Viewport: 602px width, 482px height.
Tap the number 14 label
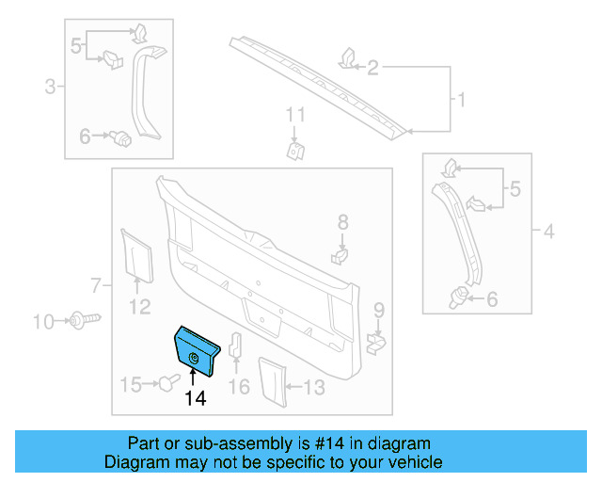[195, 399]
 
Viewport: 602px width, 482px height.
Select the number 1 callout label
[460, 99]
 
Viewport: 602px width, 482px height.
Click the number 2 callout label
[372, 68]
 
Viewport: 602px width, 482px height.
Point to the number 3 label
[50, 88]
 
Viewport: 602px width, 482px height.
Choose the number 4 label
[549, 230]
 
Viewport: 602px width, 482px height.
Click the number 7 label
[95, 284]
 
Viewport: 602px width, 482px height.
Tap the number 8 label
[342, 222]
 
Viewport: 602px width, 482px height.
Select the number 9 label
[378, 310]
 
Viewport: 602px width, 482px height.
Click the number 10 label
[43, 323]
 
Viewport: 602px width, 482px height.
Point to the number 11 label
[295, 115]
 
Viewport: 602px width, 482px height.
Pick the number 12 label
[139, 305]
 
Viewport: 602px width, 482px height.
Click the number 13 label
[313, 386]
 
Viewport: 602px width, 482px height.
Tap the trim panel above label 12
[137, 254]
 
